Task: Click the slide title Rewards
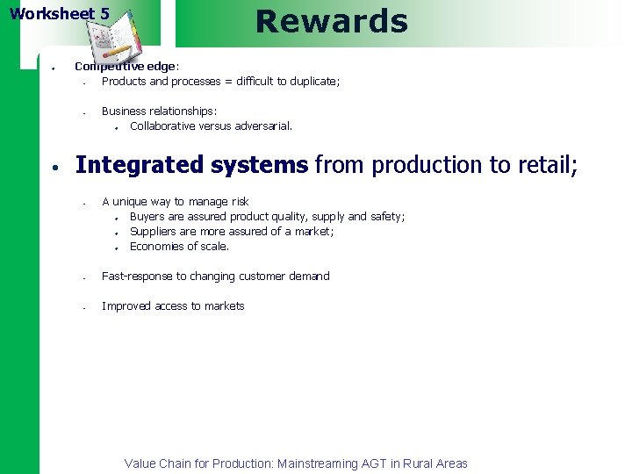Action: [x=331, y=21]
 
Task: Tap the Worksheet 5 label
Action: [x=60, y=14]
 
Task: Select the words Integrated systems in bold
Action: [x=191, y=164]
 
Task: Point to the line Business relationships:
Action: [x=159, y=111]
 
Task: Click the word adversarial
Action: [x=262, y=126]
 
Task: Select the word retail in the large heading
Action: [x=543, y=164]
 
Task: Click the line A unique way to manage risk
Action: [x=175, y=201]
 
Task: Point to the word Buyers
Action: [x=147, y=216]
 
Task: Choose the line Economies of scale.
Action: [x=179, y=246]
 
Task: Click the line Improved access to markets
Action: [x=173, y=305]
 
